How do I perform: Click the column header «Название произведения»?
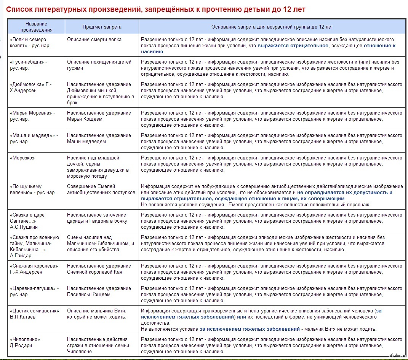37,27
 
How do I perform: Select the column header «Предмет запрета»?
102,27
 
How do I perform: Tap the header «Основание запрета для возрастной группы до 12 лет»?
272,27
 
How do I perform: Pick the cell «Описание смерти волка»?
94,40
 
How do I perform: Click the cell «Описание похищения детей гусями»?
99,65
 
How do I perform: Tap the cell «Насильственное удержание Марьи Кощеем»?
99,116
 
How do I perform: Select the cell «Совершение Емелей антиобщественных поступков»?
101,189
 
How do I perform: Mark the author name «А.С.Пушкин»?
24,227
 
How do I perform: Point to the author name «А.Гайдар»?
21,256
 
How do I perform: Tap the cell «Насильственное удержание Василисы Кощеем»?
99,291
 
